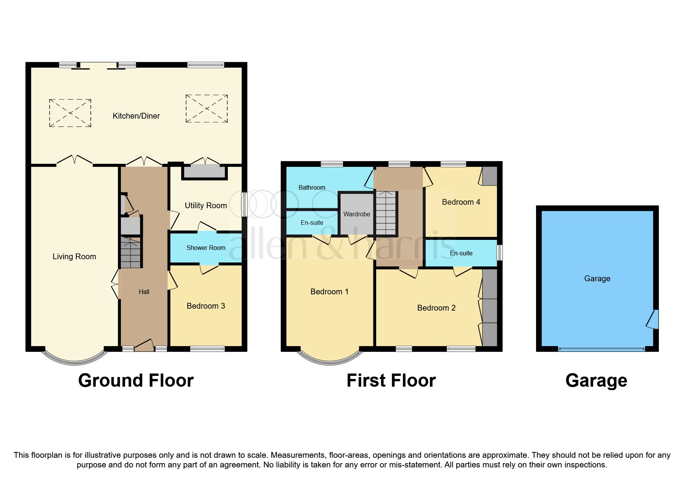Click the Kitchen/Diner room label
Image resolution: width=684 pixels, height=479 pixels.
point(136,116)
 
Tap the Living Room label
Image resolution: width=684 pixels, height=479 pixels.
point(74,256)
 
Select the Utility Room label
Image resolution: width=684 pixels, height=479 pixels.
point(205,206)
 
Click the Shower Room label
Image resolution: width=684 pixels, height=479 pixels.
point(205,248)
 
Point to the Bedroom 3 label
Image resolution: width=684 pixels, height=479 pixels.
point(205,306)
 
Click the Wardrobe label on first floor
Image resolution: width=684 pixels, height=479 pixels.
point(356,214)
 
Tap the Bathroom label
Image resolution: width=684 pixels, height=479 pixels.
point(312,187)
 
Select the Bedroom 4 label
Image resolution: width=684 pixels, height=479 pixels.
point(461,202)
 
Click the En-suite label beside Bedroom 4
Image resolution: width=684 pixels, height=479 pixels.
point(461,253)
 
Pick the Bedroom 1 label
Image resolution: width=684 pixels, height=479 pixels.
point(329,292)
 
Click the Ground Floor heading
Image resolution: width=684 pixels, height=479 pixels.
point(136,380)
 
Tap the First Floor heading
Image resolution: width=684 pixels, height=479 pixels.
point(391,380)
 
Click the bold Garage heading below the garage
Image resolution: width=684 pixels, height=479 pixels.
point(596,380)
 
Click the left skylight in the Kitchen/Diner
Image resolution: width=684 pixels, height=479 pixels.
point(70,113)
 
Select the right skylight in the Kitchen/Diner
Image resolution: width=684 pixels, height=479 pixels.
point(207,109)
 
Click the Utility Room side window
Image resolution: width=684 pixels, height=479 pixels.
point(244,204)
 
